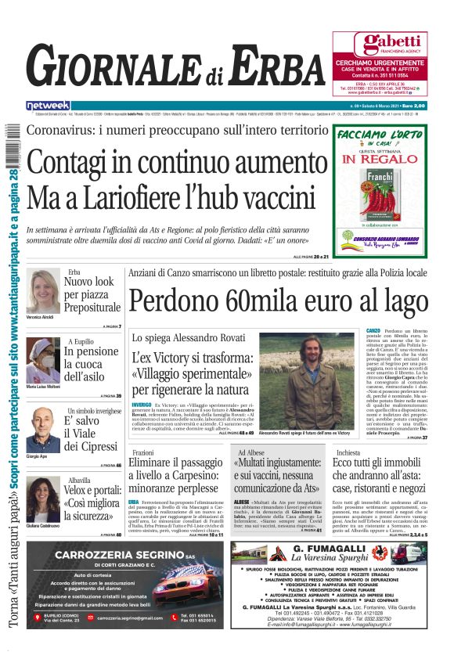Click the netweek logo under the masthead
(x=49, y=105)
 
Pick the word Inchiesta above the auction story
(x=348, y=452)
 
